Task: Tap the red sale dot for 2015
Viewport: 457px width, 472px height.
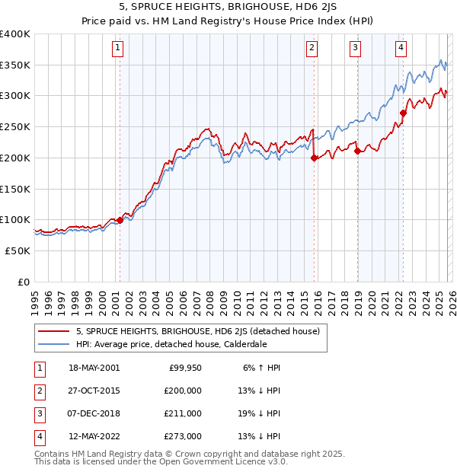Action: (314, 158)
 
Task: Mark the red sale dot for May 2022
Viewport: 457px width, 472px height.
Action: (404, 113)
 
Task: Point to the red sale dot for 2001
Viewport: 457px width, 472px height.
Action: (120, 220)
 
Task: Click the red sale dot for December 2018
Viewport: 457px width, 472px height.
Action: (357, 151)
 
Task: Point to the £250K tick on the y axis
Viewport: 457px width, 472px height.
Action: (15, 127)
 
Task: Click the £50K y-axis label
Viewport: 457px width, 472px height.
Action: (18, 250)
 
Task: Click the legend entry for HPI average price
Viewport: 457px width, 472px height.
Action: (171, 343)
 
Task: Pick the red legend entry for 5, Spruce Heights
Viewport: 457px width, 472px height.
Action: (201, 331)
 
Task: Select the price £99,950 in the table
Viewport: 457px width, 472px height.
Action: (183, 368)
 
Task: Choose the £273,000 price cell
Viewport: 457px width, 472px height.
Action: (183, 436)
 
